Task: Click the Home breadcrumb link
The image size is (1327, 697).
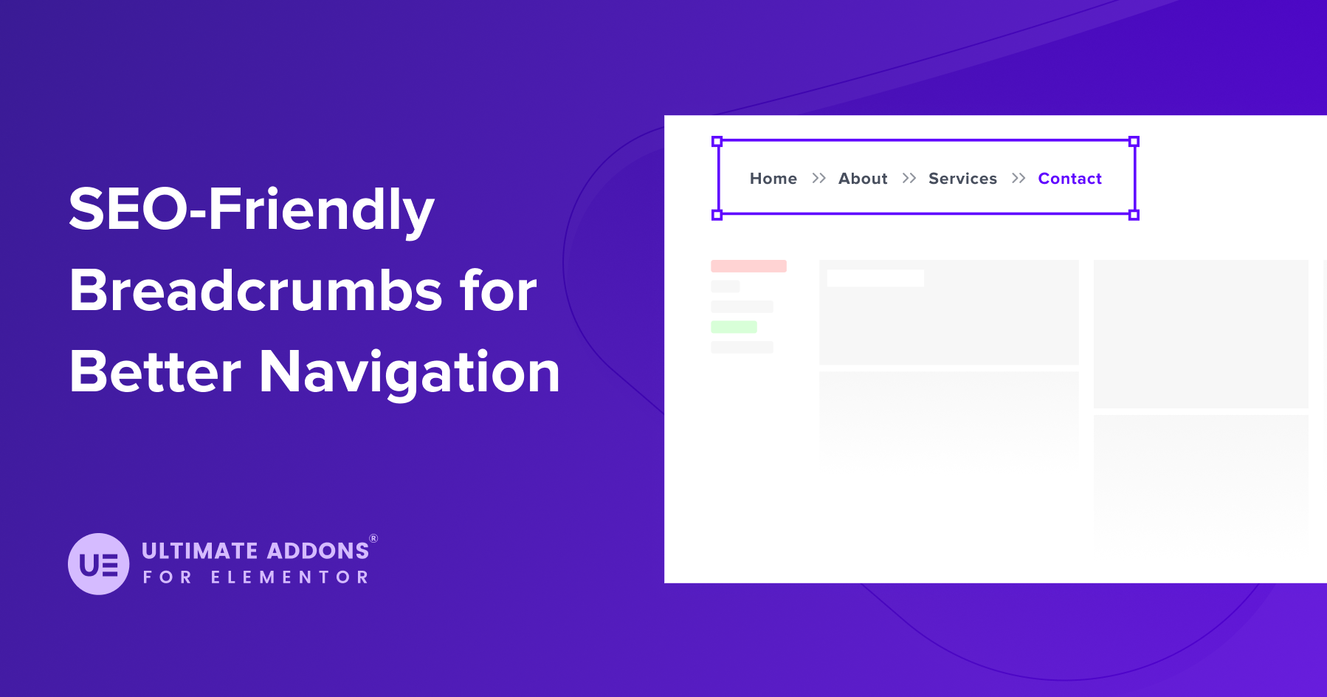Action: click(x=773, y=179)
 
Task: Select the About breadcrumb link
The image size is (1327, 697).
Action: click(x=862, y=179)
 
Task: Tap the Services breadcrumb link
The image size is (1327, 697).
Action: click(x=962, y=179)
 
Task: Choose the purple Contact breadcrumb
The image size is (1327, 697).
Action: click(x=1069, y=179)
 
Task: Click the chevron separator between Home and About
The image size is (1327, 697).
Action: click(x=818, y=178)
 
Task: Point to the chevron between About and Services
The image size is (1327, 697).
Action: click(x=909, y=178)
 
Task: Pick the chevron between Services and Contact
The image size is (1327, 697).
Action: click(x=1018, y=178)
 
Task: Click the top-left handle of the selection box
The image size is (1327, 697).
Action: click(x=717, y=141)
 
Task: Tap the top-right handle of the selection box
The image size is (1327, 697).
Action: click(x=1134, y=141)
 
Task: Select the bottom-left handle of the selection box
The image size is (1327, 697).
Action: click(x=717, y=215)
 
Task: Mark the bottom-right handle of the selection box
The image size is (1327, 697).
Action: click(x=1134, y=215)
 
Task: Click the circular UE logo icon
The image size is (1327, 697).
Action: click(x=99, y=564)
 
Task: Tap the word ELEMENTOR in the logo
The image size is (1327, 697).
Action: click(x=289, y=577)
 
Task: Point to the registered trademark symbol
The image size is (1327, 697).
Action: click(x=373, y=538)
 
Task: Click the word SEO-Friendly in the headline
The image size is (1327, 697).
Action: click(x=251, y=210)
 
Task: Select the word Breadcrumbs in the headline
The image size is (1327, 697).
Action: click(x=255, y=290)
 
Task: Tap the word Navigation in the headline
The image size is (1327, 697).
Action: click(x=410, y=372)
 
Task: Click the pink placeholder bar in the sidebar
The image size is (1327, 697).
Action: click(x=748, y=266)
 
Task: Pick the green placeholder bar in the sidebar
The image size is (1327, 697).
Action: click(x=734, y=327)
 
